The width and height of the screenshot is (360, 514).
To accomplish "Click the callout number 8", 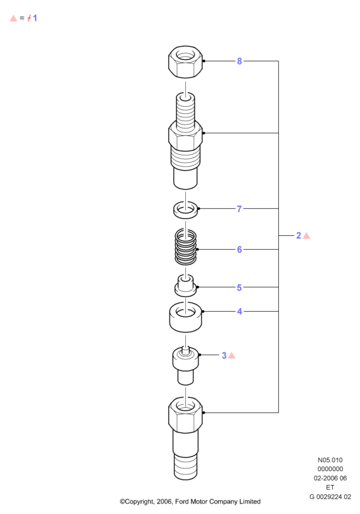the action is [x=239, y=61].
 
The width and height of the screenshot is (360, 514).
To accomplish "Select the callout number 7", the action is [x=239, y=209].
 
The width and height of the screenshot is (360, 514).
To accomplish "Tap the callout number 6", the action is [x=239, y=250].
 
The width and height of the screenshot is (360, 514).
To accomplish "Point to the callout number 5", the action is [x=239, y=287].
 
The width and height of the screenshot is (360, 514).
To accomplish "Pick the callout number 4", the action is [x=240, y=311].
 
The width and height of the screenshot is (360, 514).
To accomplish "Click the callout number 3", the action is [x=224, y=355].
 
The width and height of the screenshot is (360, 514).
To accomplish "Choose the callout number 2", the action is [x=299, y=235].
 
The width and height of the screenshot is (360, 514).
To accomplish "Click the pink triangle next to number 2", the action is [x=307, y=236].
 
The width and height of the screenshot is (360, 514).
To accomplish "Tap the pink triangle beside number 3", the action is [x=232, y=355].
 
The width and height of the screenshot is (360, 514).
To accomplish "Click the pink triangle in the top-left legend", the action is [x=13, y=18].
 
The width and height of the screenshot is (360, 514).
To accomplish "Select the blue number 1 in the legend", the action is [x=35, y=18].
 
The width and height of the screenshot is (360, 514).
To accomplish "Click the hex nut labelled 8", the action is [x=185, y=62].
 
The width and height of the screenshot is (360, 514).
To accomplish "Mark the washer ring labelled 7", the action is [x=185, y=210].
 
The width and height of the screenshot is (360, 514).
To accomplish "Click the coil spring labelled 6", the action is [x=185, y=247].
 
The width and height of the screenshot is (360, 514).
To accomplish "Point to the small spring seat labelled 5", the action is [x=185, y=286].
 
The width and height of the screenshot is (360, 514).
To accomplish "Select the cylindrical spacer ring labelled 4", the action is [x=185, y=317].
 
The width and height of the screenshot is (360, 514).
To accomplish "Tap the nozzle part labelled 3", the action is [x=185, y=366].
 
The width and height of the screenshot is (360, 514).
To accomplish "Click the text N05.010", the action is [x=330, y=460].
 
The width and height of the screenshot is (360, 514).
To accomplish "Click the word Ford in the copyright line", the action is [x=182, y=501].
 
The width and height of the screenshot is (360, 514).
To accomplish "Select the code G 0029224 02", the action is [x=330, y=497].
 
